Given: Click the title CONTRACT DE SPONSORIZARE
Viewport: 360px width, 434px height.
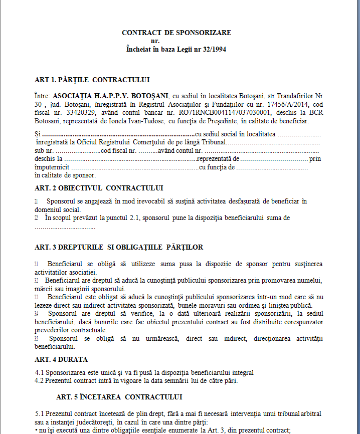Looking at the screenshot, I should [x=176, y=33].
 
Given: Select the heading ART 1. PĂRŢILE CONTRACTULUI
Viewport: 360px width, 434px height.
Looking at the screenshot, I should [x=92, y=80].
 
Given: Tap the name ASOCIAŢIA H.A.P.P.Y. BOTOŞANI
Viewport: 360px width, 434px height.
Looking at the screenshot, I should [x=110, y=96].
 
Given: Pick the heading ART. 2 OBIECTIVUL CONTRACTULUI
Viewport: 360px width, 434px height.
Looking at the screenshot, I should [x=99, y=188].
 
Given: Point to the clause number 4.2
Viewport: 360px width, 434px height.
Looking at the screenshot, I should [x=40, y=380].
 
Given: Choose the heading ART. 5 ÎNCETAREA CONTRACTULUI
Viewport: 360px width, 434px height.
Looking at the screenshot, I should [x=119, y=397].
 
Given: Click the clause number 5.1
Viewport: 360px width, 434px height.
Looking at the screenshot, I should [x=40, y=413].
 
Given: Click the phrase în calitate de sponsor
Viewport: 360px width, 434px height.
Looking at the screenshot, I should [x=65, y=175].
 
